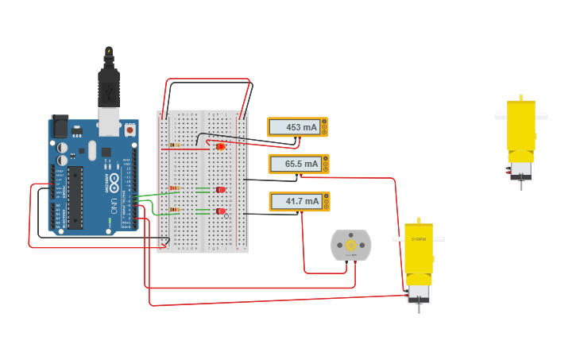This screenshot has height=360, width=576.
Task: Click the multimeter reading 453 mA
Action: (x=297, y=127)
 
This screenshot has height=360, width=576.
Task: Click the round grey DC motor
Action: (x=350, y=246)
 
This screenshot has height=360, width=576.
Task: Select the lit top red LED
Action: (x=221, y=146)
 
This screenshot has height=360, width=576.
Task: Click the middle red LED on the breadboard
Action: (x=221, y=189)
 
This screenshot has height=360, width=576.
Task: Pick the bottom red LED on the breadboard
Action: (x=221, y=211)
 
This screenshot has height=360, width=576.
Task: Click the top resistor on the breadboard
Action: (x=174, y=145)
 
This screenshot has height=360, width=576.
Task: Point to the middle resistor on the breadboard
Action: (x=174, y=188)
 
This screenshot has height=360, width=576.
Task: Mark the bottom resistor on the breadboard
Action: (x=174, y=210)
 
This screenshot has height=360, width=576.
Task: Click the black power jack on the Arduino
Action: (x=60, y=126)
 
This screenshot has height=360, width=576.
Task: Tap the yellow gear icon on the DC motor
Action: (x=350, y=246)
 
